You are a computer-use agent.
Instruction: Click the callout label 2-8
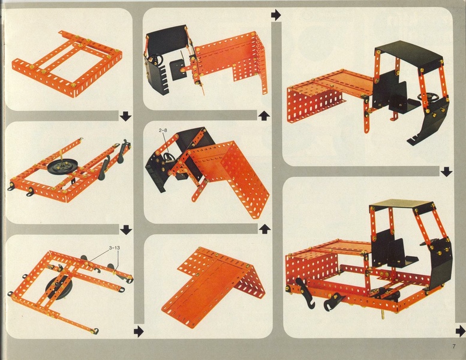[163, 130]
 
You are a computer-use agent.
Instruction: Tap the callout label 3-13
[115, 247]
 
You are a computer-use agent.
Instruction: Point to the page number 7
[454, 346]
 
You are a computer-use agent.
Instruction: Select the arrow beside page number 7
[461, 331]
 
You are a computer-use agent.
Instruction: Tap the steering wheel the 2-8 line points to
[168, 156]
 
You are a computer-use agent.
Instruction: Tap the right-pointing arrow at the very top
[276, 15]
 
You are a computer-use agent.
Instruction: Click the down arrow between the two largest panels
[446, 172]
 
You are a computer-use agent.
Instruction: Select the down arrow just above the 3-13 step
[126, 230]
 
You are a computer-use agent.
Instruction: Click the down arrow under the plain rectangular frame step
[126, 116]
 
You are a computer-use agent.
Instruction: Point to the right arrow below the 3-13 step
[139, 331]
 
